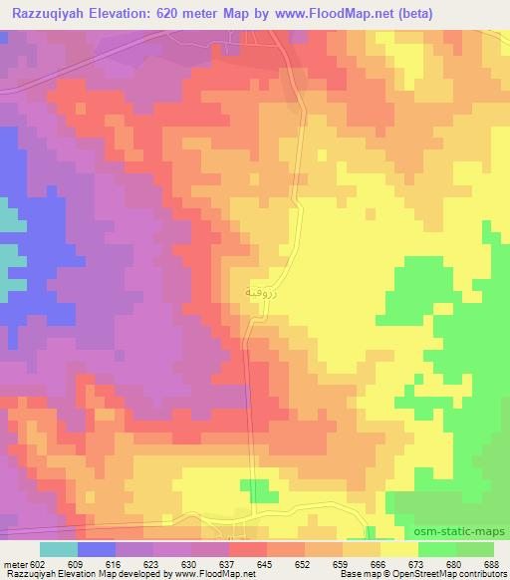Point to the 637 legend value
[229, 563]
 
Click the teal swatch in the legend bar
[59, 549]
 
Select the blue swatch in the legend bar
[97, 549]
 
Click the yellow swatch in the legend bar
[398, 549]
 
